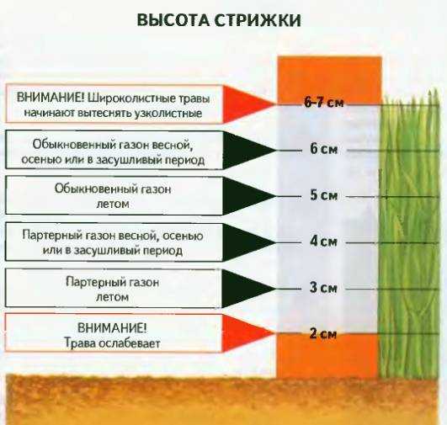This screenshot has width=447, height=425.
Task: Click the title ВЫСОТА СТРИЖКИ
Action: (219, 20)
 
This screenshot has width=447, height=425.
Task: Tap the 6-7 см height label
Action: (324, 103)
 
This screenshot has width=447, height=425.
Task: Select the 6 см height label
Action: (323, 149)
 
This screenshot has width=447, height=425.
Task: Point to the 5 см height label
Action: (323, 195)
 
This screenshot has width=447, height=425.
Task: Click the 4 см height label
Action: (323, 242)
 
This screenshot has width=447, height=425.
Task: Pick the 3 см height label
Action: (323, 288)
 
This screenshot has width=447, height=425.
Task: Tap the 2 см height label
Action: (323, 334)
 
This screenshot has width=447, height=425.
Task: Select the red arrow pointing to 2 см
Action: (247, 333)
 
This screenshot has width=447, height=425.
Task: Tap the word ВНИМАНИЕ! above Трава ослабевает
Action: (112, 328)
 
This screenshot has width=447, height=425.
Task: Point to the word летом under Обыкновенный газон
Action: (113, 205)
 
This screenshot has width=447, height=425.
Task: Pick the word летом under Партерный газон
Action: (112, 297)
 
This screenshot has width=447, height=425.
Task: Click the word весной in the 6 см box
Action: (172, 145)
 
